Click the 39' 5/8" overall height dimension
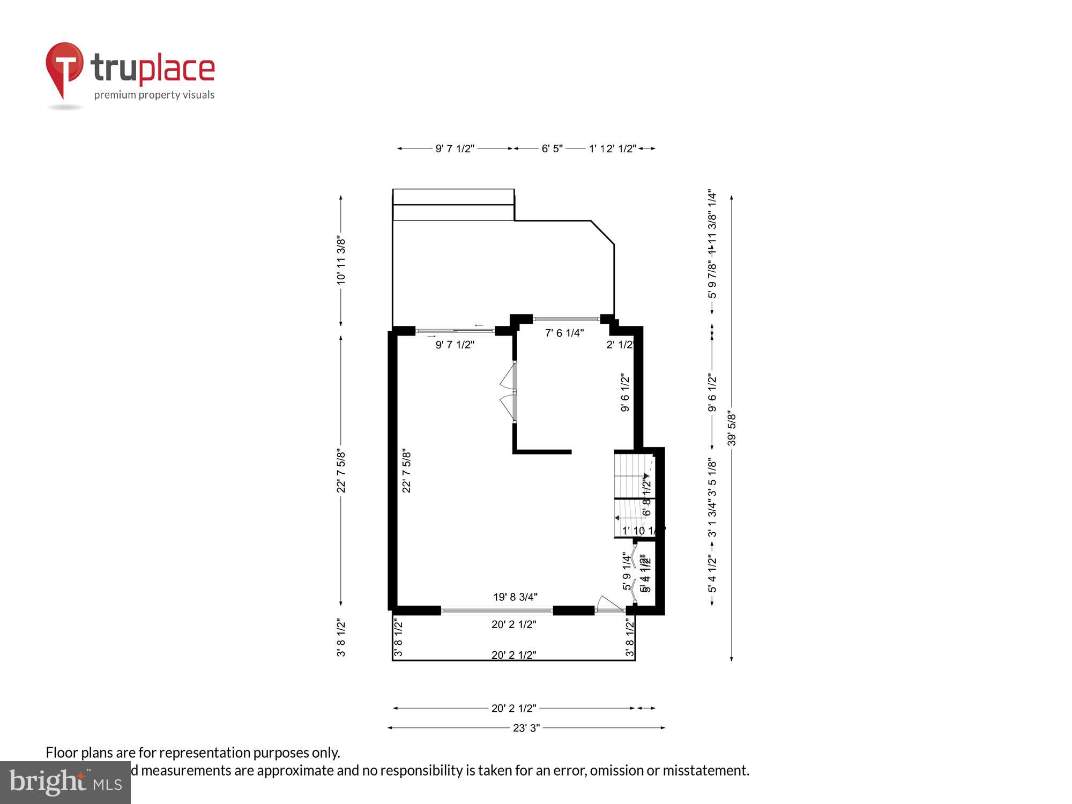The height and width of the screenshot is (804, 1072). pyautogui.click(x=732, y=428)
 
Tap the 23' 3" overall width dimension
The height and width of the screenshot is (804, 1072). pyautogui.click(x=526, y=728)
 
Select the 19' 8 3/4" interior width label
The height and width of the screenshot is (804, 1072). pyautogui.click(x=515, y=597)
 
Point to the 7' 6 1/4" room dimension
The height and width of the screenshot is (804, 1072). pyautogui.click(x=564, y=333)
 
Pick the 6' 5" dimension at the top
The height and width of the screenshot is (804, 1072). pyautogui.click(x=552, y=148)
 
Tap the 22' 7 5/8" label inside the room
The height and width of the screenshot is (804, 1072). pyautogui.click(x=407, y=471)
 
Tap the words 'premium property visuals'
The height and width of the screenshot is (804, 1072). pyautogui.click(x=154, y=95)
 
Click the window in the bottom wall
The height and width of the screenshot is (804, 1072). pyautogui.click(x=497, y=610)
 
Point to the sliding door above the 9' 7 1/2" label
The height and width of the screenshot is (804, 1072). pyautogui.click(x=455, y=331)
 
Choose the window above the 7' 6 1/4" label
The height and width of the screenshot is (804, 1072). pyautogui.click(x=566, y=319)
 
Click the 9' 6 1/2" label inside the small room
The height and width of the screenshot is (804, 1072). pyautogui.click(x=625, y=393)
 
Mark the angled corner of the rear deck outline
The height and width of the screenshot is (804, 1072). pyautogui.click(x=602, y=233)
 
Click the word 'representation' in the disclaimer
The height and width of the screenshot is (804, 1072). pyautogui.click(x=205, y=753)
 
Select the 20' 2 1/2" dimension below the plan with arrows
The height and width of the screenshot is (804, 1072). pyautogui.click(x=513, y=708)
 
